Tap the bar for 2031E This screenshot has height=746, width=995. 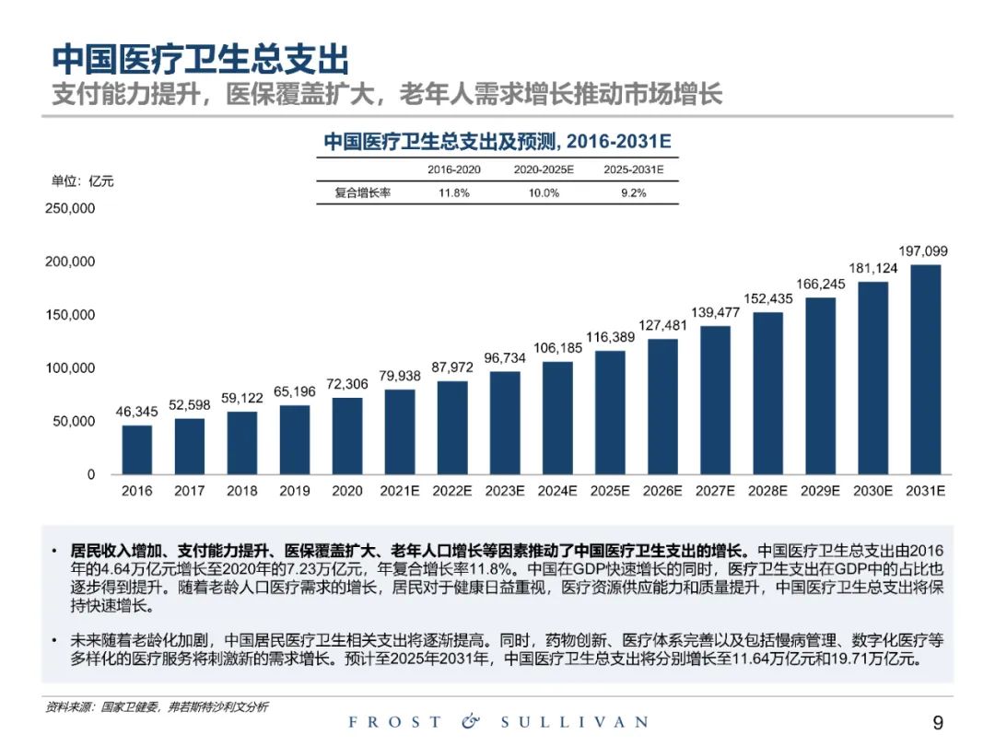[926, 369]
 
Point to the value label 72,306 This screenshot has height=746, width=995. [347, 383]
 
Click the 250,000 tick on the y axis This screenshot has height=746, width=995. [70, 208]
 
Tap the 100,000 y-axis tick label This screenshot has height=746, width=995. [70, 368]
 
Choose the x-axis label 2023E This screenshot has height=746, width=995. [505, 492]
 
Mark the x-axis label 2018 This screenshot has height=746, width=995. [242, 492]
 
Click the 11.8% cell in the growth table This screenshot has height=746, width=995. [454, 193]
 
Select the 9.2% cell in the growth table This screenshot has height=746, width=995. [633, 193]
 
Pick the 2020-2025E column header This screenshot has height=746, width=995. [544, 170]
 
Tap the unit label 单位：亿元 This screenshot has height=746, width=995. [83, 181]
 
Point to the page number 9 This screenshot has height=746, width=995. [938, 722]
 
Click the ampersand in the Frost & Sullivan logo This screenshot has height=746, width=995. [471, 722]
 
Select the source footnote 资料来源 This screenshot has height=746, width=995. [157, 706]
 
